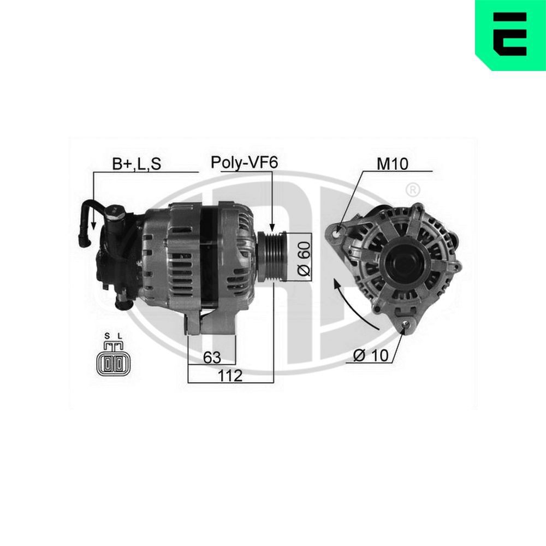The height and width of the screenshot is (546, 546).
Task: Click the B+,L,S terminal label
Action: click(136, 163)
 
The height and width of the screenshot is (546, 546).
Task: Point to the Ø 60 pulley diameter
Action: click(304, 257)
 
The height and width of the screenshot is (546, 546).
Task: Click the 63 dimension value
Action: click(212, 358)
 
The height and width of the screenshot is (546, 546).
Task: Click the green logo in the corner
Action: click(511, 35)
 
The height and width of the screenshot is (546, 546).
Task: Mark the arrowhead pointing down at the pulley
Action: click(271, 227)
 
